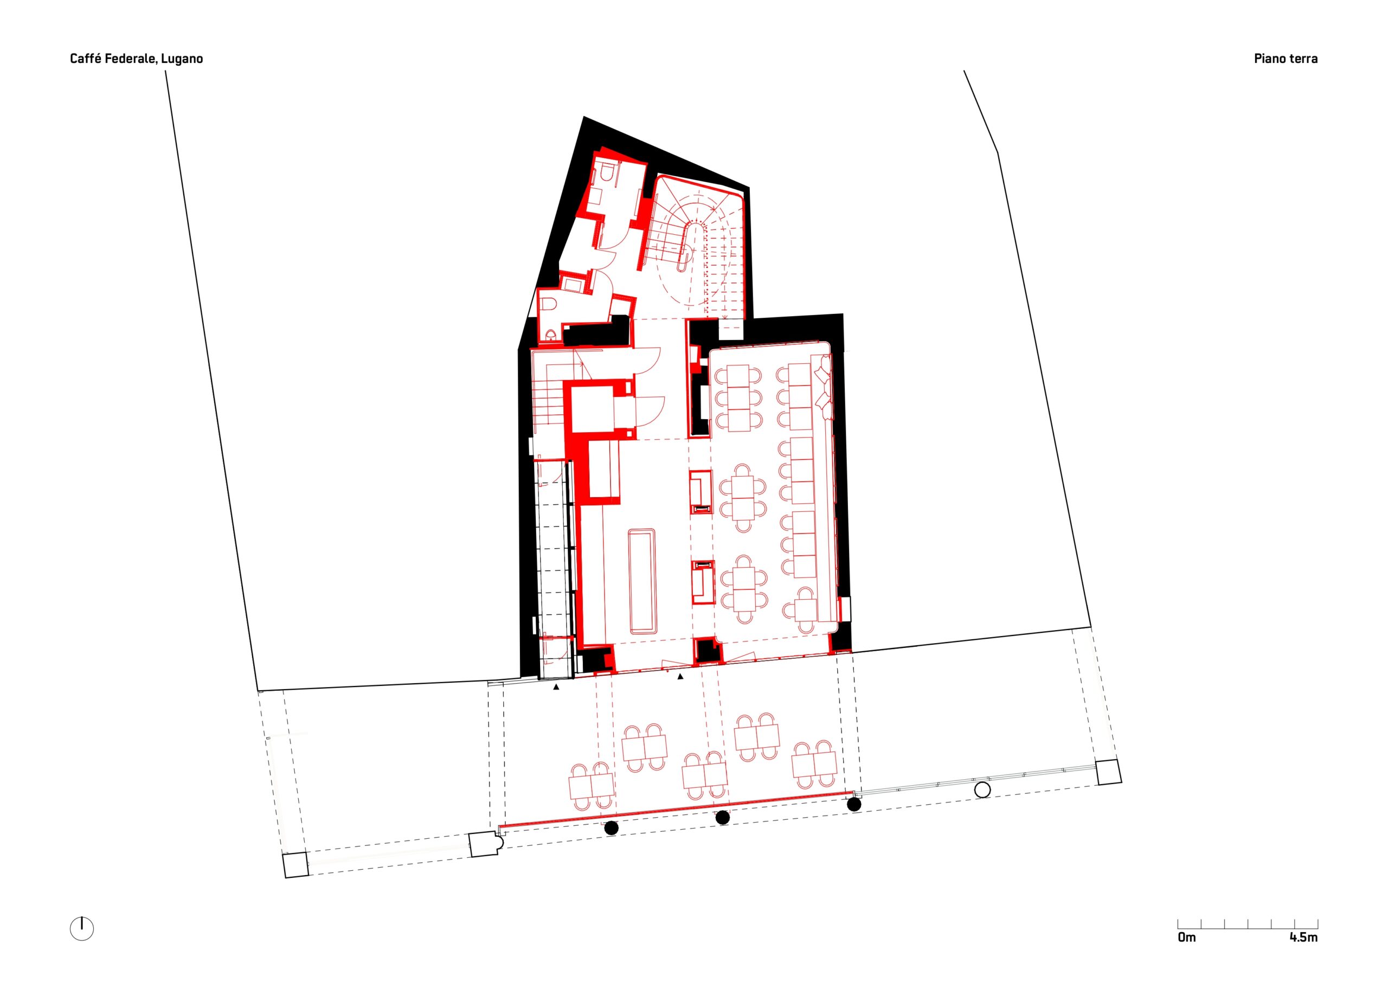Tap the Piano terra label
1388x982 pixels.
point(1286,59)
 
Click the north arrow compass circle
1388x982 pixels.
point(82,928)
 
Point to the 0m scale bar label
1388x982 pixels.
point(1187,937)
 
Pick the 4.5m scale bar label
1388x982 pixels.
point(1303,937)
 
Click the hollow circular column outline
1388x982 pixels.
point(982,790)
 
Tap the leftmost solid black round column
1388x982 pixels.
point(611,829)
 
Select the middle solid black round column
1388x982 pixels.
point(722,818)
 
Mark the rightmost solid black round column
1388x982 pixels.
point(853,804)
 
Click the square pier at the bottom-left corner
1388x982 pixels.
point(296,865)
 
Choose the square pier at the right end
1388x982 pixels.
point(1109,772)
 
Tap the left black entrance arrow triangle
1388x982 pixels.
point(556,687)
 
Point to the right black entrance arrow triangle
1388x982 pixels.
point(680,677)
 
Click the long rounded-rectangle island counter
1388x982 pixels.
point(642,581)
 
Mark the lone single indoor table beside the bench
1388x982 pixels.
point(805,610)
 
